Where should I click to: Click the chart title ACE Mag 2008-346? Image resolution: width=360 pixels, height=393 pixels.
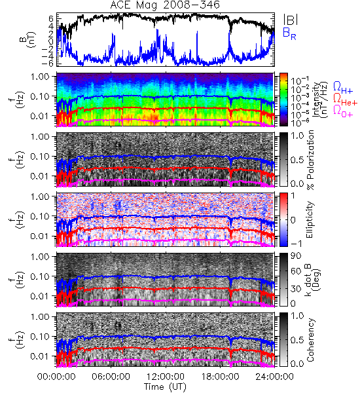point(165,5)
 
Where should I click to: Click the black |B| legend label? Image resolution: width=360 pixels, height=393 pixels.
point(291,20)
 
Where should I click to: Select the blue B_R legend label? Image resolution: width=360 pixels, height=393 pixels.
point(289,34)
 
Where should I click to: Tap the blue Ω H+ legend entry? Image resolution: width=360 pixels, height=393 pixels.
point(343,88)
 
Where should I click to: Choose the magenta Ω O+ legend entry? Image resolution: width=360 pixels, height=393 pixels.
point(343,111)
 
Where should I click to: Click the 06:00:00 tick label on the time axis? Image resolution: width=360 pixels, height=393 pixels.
point(111,377)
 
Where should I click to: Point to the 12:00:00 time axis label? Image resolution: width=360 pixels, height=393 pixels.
point(166,377)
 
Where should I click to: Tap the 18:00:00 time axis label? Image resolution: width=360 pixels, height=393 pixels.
point(220,377)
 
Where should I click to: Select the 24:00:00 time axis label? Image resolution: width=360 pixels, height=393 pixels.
point(274,377)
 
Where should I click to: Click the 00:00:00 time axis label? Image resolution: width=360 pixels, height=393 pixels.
point(56,377)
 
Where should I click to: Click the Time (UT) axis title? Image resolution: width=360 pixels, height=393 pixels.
point(165,386)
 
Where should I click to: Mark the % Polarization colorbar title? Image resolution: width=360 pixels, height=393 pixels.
point(311,160)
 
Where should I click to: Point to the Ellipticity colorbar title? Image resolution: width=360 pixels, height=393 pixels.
point(310,219)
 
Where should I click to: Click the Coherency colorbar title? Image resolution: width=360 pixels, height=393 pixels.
point(310,340)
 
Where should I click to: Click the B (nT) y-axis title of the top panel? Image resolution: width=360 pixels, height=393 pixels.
point(28,39)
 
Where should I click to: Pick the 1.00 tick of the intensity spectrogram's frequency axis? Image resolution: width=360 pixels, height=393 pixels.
point(41,76)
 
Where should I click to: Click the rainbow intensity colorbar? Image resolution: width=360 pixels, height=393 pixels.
point(283,100)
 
